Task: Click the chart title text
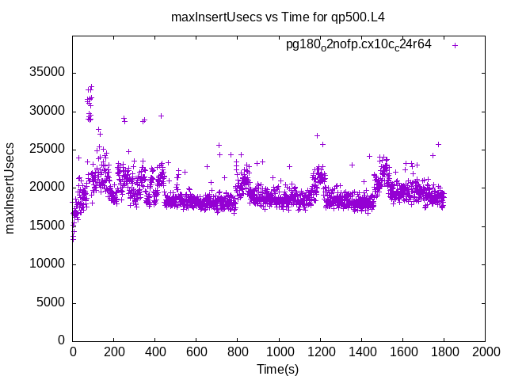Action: (x=284, y=16)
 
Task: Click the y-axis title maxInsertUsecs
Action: (x=11, y=188)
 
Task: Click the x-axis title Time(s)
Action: (x=277, y=369)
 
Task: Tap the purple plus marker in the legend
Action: (x=455, y=45)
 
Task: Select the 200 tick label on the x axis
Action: (x=114, y=352)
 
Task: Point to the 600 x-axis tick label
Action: (x=196, y=352)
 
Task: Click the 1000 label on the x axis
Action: (x=279, y=352)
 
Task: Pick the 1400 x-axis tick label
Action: (x=361, y=352)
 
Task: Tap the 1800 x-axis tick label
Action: (x=444, y=352)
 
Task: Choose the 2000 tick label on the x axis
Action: (x=485, y=352)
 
